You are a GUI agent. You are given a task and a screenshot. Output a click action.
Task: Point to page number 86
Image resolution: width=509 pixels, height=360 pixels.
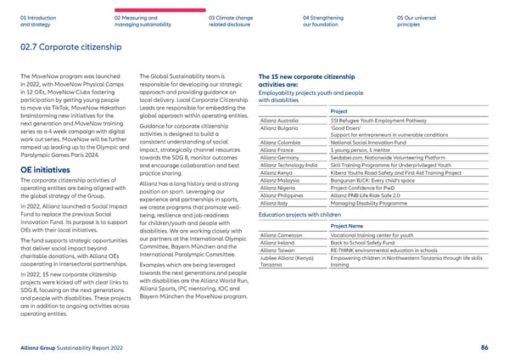click(x=484, y=347)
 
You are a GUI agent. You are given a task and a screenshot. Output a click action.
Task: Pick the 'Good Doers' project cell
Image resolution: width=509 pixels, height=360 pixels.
click(x=348, y=127)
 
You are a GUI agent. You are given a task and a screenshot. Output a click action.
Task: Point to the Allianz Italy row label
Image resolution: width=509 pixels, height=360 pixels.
click(x=273, y=203)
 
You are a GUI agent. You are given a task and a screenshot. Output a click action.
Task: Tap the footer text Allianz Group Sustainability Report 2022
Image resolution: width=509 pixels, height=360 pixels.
click(x=76, y=347)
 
